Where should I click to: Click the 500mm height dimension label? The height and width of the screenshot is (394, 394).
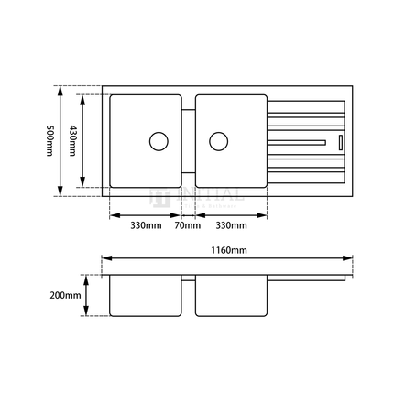(49, 141)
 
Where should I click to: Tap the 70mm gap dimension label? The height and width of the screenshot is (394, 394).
(189, 224)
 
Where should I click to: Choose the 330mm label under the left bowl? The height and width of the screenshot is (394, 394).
(146, 224)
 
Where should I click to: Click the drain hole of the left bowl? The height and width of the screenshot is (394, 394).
(158, 141)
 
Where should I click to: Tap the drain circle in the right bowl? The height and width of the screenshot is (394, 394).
(217, 141)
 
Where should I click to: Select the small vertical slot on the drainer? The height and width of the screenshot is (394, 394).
(340, 141)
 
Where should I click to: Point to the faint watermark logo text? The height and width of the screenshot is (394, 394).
(188, 195)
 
